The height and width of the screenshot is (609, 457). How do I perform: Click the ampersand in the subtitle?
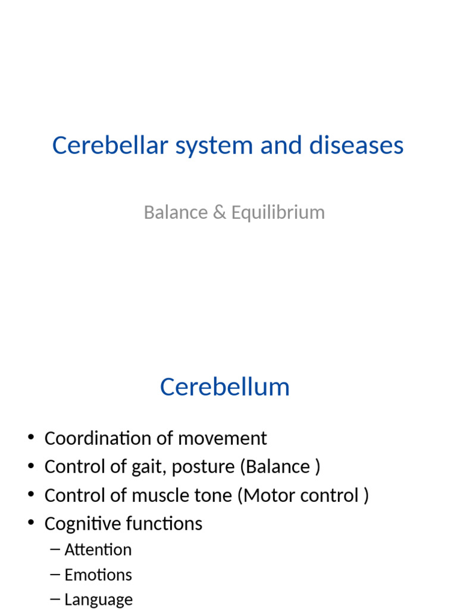pos(220,212)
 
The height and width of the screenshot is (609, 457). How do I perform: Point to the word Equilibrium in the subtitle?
pos(278,213)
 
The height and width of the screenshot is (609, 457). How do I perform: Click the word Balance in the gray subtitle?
pos(176,212)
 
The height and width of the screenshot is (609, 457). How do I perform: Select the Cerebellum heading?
pos(225,387)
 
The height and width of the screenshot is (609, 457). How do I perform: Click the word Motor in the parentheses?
pos(265,495)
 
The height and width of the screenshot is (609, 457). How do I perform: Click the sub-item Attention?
pos(98,550)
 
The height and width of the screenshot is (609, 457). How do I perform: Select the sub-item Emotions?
pos(98,575)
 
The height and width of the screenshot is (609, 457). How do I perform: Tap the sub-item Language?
pos(98,600)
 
